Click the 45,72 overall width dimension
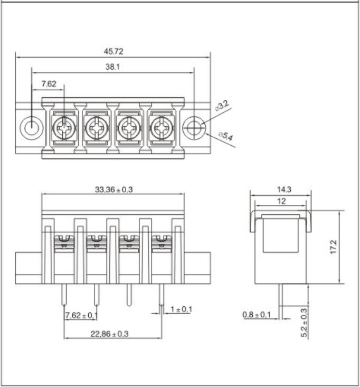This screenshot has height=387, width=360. [113, 51]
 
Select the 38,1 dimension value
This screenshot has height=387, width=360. [113, 67]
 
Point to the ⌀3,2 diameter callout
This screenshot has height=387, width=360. [222, 106]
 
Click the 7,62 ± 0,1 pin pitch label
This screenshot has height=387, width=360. [81, 316]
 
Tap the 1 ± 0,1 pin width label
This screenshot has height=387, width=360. [181, 309]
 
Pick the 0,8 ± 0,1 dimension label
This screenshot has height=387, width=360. [257, 315]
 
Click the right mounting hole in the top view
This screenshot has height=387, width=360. [195, 127]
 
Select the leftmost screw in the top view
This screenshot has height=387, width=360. [65, 127]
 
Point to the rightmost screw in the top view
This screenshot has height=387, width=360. [162, 127]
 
